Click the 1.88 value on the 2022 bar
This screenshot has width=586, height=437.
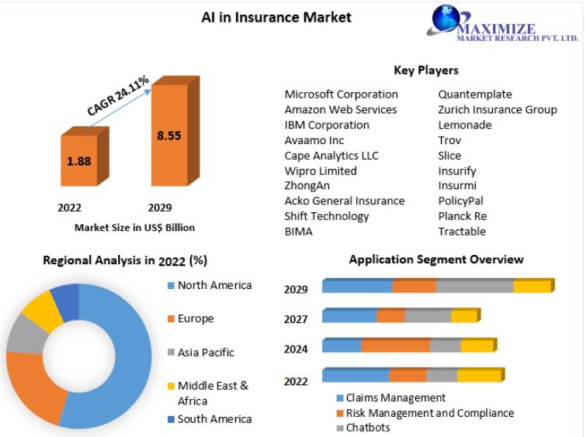(x=79, y=161)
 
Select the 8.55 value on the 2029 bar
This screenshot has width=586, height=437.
(x=169, y=136)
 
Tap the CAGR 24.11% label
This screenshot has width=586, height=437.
(x=118, y=95)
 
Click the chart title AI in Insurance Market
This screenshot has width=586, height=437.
(x=276, y=17)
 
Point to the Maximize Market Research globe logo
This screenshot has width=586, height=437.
(x=446, y=19)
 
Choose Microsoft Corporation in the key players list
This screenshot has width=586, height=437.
(x=342, y=95)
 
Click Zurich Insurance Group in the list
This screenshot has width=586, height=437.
(x=498, y=110)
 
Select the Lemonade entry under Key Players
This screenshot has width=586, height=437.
(x=465, y=125)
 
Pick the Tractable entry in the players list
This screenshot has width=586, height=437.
(x=462, y=232)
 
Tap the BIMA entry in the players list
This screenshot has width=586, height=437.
(x=298, y=232)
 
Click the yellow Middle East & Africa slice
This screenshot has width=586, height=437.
(x=42, y=309)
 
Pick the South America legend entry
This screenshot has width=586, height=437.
(x=210, y=419)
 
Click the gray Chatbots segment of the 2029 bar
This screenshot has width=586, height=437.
(x=475, y=286)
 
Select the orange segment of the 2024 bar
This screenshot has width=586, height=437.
(x=395, y=346)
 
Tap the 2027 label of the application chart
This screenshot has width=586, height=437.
(x=296, y=319)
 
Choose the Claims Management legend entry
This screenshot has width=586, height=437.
(x=391, y=397)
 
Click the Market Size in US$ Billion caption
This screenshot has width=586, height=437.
(x=134, y=228)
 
